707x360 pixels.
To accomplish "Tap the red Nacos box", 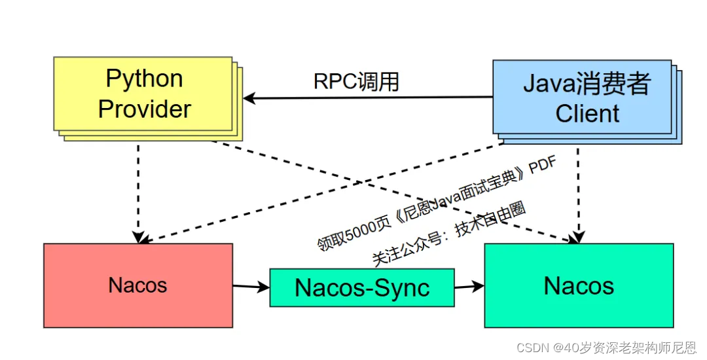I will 137,285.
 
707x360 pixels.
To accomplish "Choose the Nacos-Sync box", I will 362,287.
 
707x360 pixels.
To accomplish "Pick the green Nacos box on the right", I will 579,285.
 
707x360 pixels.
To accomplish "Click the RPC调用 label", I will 356,82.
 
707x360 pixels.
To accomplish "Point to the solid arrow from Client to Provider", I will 367,98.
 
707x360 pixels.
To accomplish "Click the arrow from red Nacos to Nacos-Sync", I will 251,286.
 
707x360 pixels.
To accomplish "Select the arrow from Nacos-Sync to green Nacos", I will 469,286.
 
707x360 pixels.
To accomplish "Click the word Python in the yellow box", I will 144,79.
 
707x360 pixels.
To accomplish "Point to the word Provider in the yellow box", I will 144,109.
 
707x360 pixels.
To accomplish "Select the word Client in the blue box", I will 587,113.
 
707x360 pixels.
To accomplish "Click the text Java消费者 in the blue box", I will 587,84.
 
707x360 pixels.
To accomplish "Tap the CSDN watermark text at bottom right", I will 606,348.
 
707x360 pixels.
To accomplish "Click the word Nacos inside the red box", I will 137,285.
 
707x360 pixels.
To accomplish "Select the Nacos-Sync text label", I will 362,287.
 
